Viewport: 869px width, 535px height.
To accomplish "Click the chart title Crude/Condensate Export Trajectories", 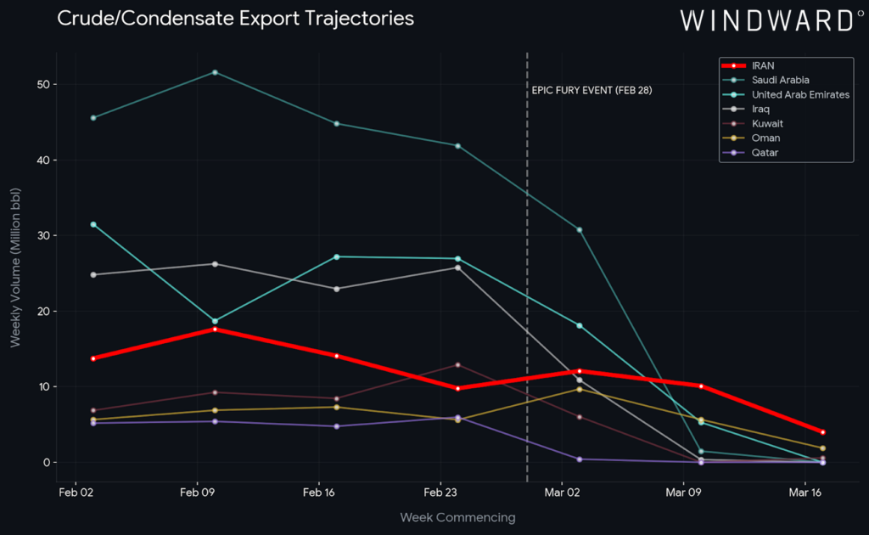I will [235, 18].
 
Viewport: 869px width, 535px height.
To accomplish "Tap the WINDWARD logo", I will [766, 20].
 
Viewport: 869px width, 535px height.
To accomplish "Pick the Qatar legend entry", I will [765, 152].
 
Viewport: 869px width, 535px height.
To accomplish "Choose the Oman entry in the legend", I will [765, 138].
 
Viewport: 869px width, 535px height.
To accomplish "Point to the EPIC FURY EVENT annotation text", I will [592, 90].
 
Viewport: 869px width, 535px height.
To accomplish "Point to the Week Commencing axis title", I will [457, 517].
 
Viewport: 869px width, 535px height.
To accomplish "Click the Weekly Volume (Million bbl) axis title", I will [16, 267].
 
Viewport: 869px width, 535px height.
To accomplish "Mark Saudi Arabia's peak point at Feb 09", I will [215, 72].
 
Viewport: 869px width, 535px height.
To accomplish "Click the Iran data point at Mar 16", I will [822, 432].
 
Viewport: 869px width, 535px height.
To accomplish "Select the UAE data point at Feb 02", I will [93, 224].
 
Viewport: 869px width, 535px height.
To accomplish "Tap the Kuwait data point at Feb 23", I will [458, 365].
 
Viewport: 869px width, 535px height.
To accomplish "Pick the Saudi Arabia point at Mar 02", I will [580, 230].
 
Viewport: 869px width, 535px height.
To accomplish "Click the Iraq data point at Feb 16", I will [337, 289].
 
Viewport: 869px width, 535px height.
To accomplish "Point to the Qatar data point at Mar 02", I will [580, 459].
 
